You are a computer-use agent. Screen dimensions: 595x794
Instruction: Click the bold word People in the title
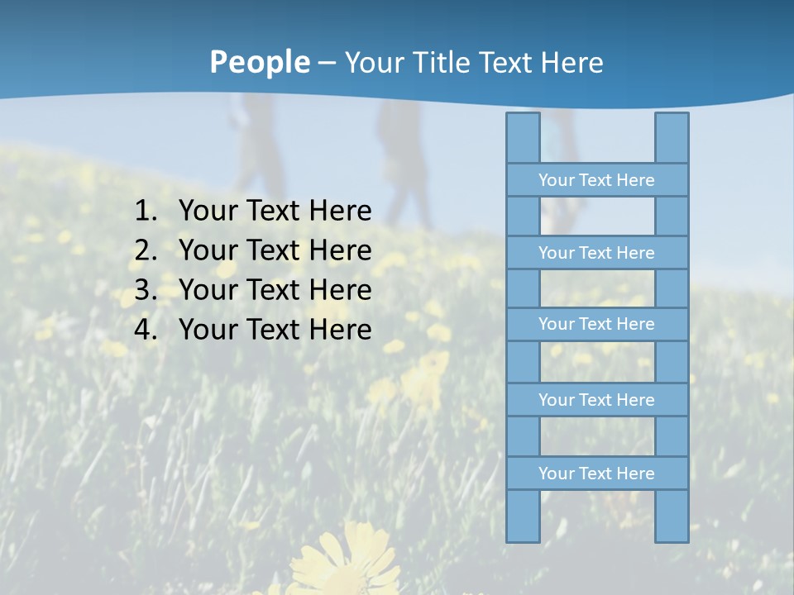[x=259, y=62]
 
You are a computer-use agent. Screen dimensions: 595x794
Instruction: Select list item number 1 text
[x=275, y=211]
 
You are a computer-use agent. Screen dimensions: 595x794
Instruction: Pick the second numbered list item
[x=275, y=250]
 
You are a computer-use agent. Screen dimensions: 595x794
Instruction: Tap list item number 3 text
[x=275, y=290]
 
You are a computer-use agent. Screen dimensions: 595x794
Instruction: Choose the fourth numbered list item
[x=275, y=330]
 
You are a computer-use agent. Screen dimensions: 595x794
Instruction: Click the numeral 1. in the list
[x=145, y=211]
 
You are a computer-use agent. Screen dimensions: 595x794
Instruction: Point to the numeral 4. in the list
[x=145, y=330]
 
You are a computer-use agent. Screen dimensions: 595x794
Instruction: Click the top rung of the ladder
[x=596, y=180]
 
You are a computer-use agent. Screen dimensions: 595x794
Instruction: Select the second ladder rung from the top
[x=596, y=253]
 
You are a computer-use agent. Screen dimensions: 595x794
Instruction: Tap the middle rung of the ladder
[x=596, y=324]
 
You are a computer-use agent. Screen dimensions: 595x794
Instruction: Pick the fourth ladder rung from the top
[x=596, y=400]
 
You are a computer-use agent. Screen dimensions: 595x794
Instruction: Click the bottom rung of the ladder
[x=596, y=474]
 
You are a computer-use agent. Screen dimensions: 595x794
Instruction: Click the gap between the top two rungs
[x=597, y=217]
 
